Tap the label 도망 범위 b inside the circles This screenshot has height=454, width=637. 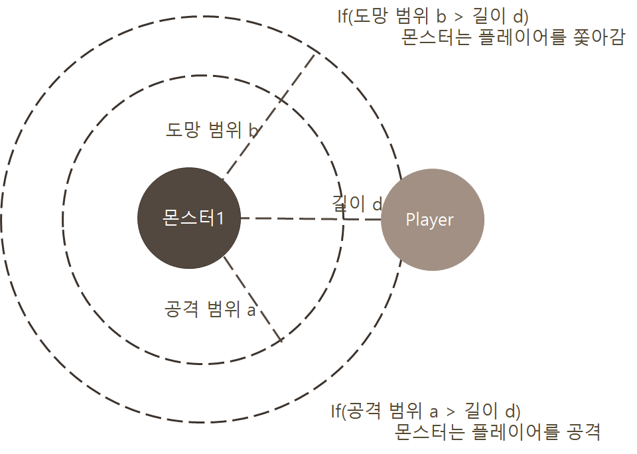tap(212, 129)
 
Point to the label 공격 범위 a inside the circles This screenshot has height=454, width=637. tap(209, 309)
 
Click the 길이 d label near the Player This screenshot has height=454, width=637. tap(357, 204)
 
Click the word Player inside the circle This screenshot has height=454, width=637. tap(429, 220)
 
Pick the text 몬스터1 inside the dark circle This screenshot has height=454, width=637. tap(192, 218)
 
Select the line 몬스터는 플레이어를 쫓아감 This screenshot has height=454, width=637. tap(513, 38)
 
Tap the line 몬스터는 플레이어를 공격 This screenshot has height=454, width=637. tap(497, 433)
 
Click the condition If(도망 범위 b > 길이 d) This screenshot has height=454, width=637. tap(433, 15)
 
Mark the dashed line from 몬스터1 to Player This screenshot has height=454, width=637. tap(292, 218)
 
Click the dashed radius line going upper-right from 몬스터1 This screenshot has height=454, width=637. tap(269, 116)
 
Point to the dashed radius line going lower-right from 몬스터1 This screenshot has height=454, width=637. tap(253, 298)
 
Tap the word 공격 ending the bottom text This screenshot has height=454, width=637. tap(584, 433)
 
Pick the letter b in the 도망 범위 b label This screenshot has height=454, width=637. tap(253, 130)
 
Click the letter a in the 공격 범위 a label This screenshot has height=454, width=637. tap(251, 310)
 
